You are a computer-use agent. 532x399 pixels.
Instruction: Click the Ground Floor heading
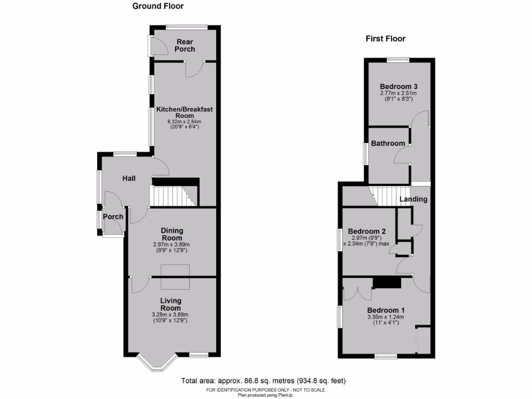pos(158,6)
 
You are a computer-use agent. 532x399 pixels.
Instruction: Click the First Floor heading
pos(385,38)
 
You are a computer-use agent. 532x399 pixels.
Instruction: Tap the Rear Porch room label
pos(185,45)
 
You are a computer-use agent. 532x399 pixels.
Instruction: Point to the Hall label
pos(129,178)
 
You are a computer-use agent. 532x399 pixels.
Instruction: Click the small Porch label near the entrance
pos(113,217)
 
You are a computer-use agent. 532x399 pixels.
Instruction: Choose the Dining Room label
pos(172,234)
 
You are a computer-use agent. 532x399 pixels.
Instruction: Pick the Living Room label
pos(171,304)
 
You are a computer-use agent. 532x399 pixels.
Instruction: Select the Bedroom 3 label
pos(398,86)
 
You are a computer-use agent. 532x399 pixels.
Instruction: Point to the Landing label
pos(414,199)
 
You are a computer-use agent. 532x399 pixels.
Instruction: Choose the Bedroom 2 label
pos(366,231)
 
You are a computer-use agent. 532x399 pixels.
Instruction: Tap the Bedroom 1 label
pos(385,310)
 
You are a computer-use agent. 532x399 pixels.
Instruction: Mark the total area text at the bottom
pos(263,381)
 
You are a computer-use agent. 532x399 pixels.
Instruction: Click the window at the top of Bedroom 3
pos(398,59)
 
